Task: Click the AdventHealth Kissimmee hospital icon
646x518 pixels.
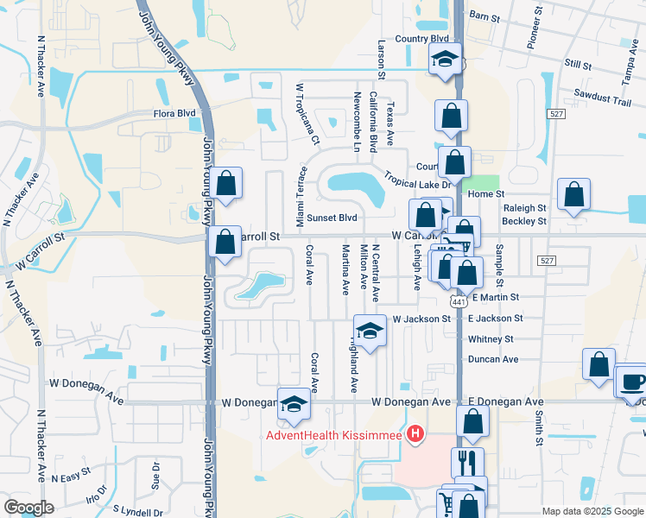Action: tap(415, 434)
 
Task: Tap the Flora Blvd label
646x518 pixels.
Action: tap(174, 113)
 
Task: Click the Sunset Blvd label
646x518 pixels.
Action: tap(332, 218)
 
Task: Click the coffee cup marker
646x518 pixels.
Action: tap(632, 381)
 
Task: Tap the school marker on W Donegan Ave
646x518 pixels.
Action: tap(294, 404)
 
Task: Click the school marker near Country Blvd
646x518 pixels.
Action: tap(446, 60)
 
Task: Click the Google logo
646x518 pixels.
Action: tap(29, 507)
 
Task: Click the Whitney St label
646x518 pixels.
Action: tap(491, 339)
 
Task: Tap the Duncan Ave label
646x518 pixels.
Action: tap(492, 359)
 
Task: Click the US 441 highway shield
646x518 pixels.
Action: tap(458, 300)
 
